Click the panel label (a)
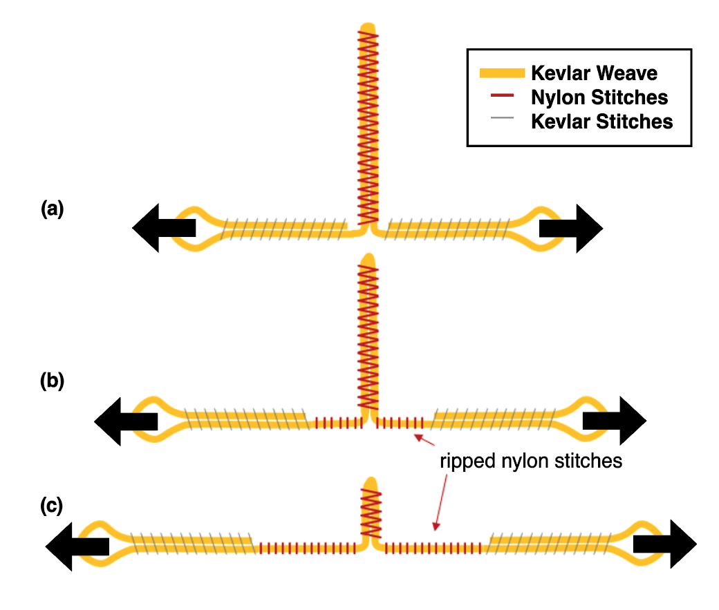53,208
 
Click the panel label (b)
53,381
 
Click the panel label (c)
52,506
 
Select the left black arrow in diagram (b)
125,421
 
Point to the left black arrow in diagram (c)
77,545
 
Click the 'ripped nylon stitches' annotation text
531,461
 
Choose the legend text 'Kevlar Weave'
594,73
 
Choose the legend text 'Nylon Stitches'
599,97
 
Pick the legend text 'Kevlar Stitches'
601,122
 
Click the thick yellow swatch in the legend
501,73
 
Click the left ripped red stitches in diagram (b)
338,422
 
